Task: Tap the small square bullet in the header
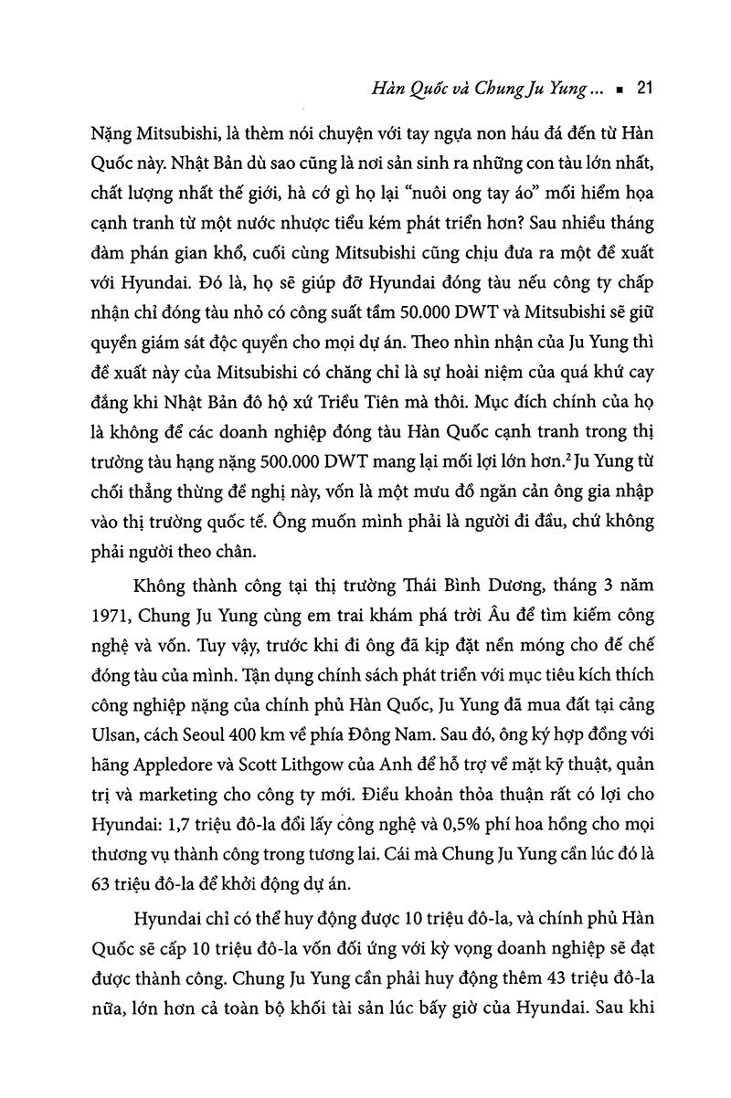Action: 619,90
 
